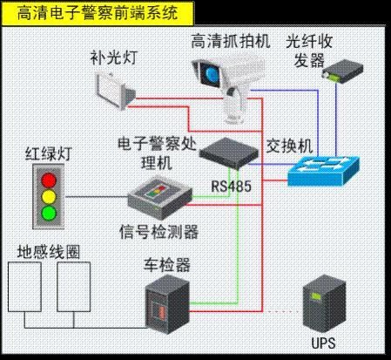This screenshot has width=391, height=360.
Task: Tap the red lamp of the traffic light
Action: coord(48,178)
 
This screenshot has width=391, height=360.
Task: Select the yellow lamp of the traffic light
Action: coord(48,194)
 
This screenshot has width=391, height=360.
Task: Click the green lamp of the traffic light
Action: coord(48,211)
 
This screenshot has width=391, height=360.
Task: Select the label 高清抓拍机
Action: coord(232,40)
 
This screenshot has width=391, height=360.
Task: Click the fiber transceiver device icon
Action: coord(341,70)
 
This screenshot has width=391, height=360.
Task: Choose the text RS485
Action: coord(230,186)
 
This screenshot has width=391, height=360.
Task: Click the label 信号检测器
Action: coord(159,231)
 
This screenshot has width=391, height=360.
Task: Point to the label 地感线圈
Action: coord(50,253)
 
